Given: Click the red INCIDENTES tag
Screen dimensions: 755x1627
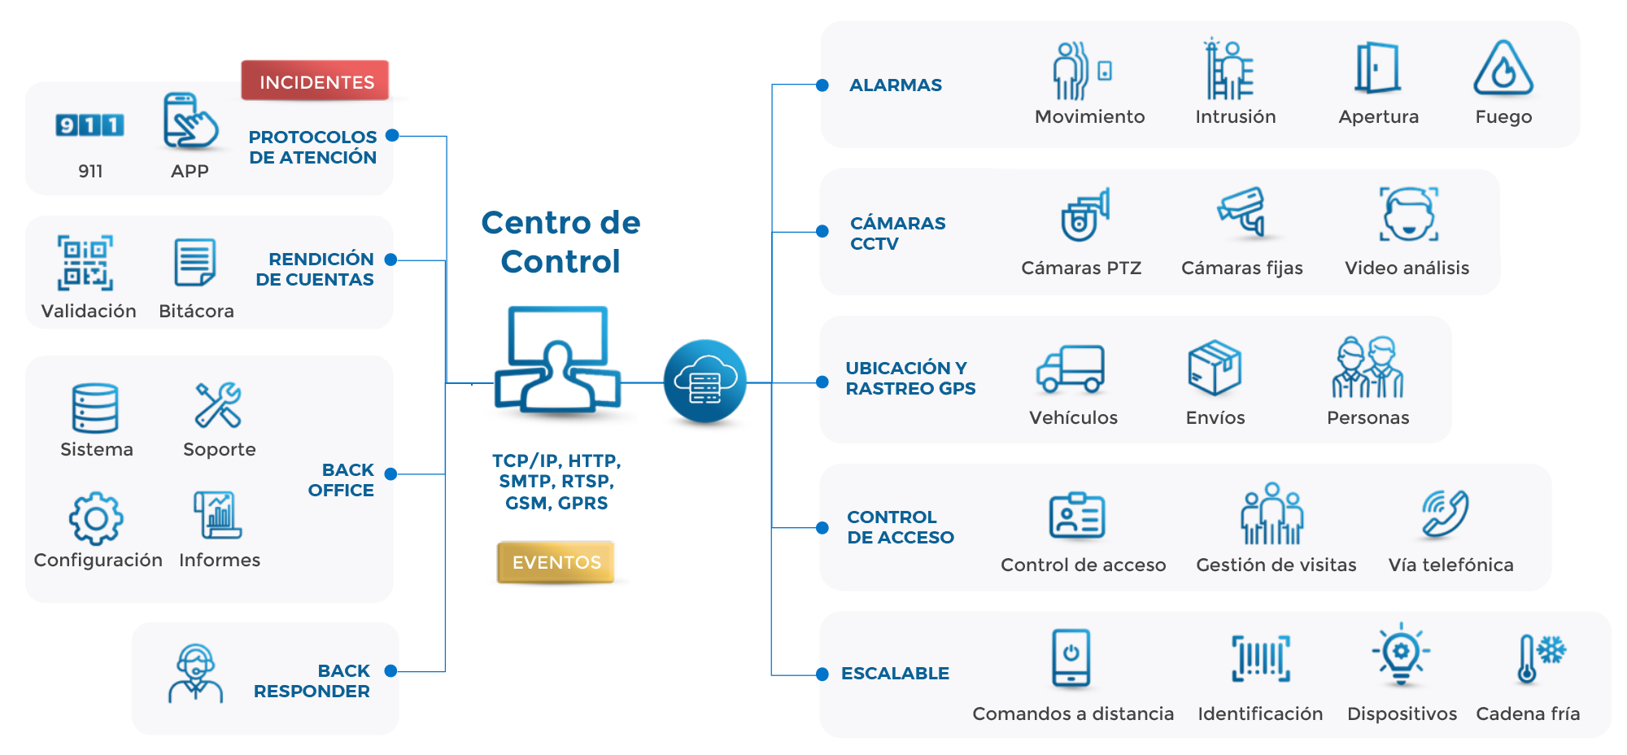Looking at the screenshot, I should (316, 81).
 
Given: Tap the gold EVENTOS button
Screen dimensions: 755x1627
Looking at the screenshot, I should (556, 562).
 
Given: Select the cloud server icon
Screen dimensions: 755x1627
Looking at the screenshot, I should (704, 381).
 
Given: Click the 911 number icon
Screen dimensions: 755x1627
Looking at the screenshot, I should (89, 125).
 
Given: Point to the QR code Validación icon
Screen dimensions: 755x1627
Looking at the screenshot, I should (85, 263).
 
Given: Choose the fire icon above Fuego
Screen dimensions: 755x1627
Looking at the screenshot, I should (1503, 68).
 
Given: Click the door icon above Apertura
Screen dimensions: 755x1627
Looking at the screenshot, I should (1376, 68).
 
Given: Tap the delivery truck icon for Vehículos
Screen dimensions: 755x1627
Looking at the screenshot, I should (1071, 369).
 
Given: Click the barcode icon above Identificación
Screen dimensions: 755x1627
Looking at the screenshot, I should (1260, 658).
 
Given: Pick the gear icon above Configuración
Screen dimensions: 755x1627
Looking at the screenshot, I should (96, 518).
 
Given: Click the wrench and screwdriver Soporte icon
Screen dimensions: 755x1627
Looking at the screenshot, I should (218, 404).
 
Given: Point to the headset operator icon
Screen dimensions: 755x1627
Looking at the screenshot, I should (195, 673).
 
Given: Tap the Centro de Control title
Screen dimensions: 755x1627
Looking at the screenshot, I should (561, 242).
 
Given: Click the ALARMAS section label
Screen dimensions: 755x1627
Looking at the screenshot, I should (896, 85).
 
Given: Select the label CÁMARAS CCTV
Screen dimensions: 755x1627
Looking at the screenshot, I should (897, 233).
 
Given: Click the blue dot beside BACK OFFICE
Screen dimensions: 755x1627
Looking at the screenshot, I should (391, 474).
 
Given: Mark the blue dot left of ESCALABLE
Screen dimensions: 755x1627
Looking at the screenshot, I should (822, 674).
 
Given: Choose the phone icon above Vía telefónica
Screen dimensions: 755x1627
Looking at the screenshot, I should (1446, 514).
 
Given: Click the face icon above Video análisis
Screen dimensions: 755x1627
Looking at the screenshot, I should (1408, 215).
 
